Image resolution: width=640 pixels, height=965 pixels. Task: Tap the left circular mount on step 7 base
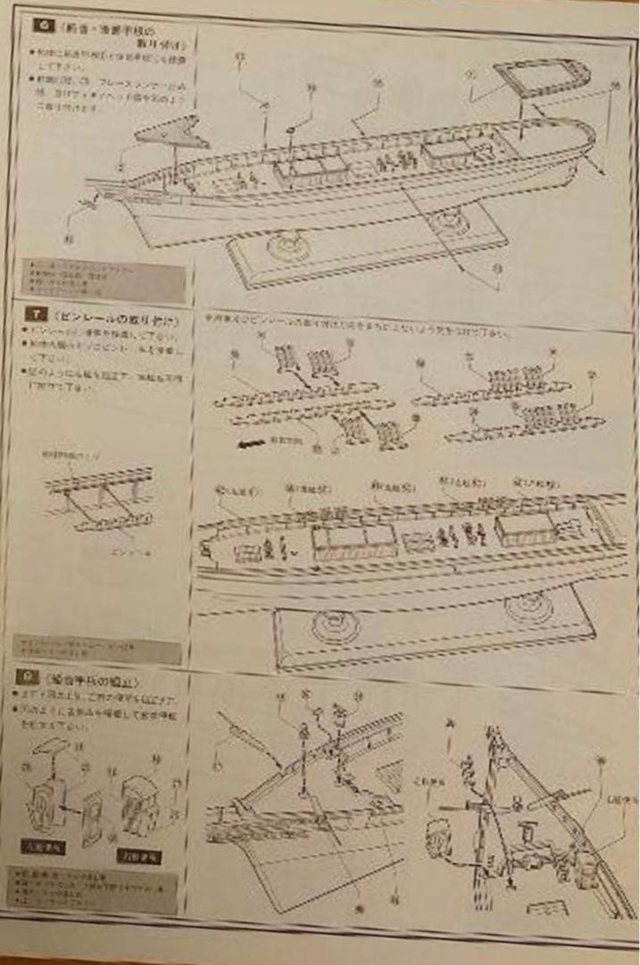click(334, 625)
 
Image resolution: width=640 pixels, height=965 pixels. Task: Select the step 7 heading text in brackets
click(116, 317)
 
